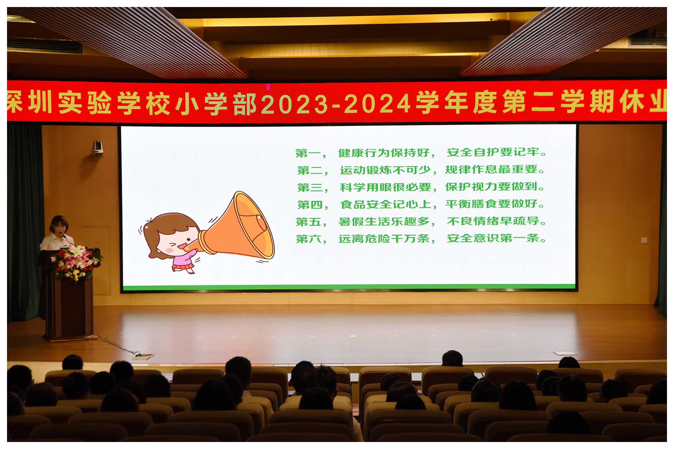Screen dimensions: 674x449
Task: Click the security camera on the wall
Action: (98, 147)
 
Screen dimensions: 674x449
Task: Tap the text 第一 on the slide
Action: (306, 153)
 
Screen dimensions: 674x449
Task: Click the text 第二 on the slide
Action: (308, 170)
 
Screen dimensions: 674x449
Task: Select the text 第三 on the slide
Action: (308, 188)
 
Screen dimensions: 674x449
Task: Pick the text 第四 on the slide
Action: (308, 205)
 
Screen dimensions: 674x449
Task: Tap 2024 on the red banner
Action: (378, 104)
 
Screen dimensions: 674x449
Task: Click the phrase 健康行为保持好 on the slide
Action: (384, 153)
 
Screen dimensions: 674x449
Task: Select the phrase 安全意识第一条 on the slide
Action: (493, 238)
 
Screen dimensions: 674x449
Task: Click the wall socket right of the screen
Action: (644, 240)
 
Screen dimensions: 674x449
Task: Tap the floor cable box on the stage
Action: (143, 357)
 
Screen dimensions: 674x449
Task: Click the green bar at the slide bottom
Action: (349, 287)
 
